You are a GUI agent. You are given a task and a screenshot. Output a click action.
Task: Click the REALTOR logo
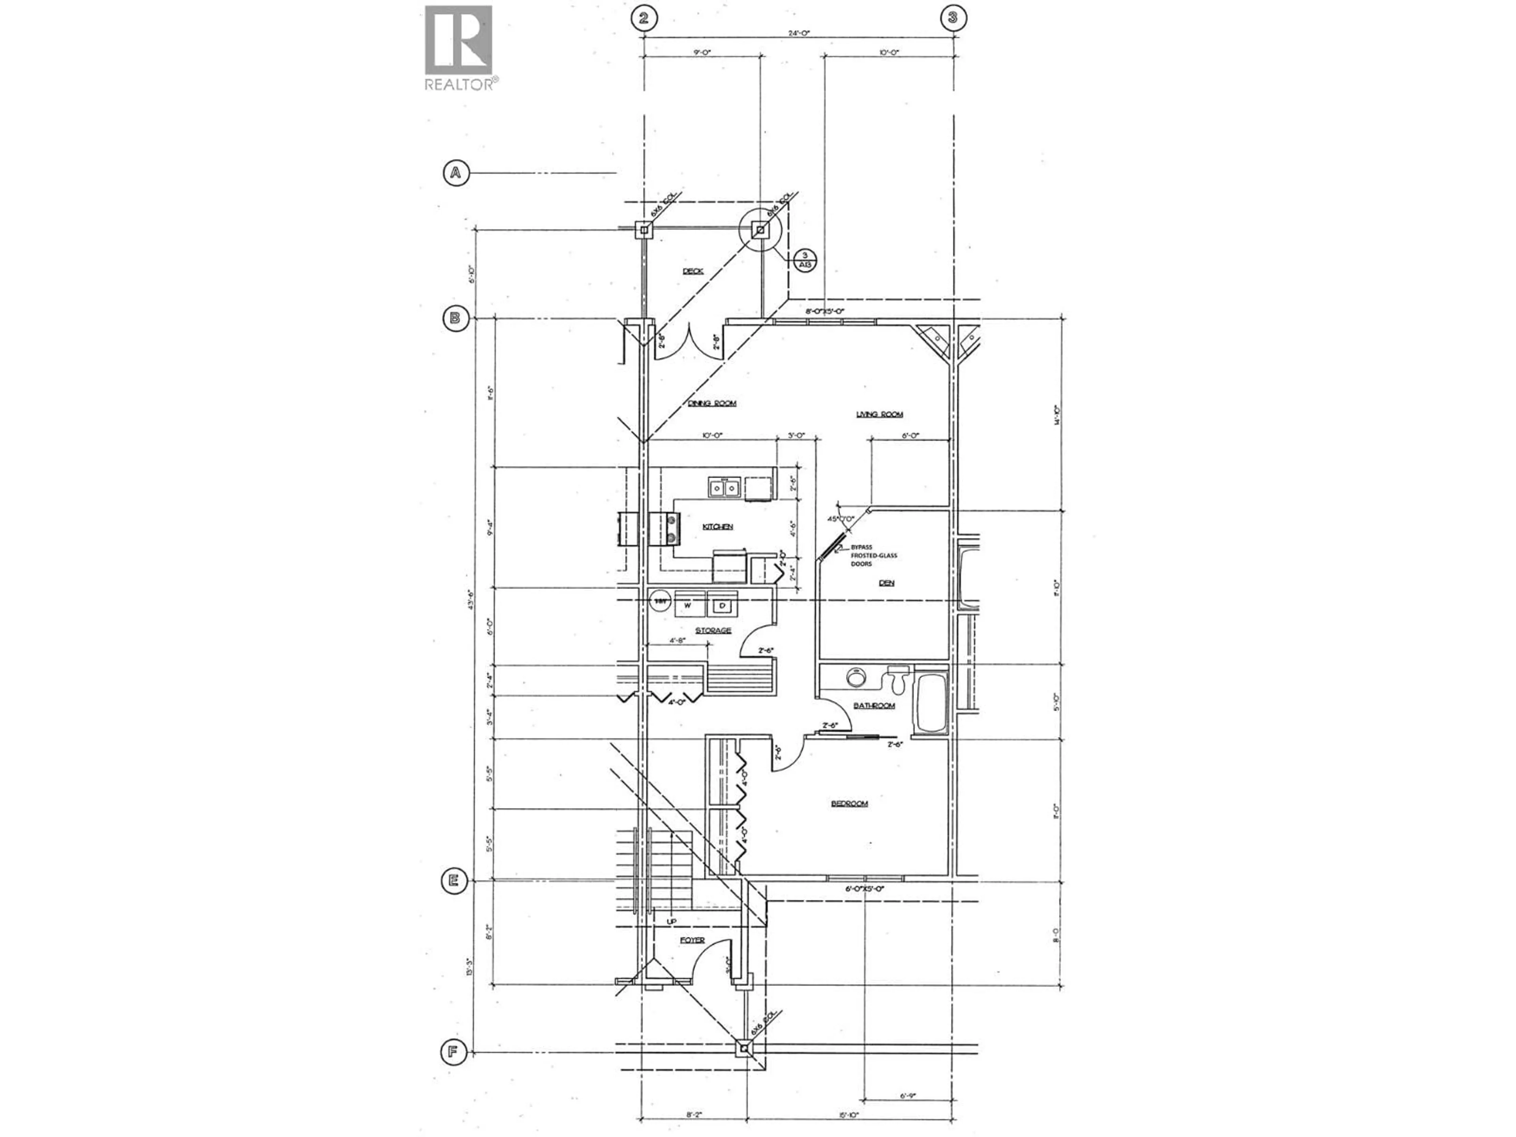coord(458,47)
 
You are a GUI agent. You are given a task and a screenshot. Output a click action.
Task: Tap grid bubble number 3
coord(953,17)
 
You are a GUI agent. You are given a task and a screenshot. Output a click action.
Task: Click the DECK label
coord(693,271)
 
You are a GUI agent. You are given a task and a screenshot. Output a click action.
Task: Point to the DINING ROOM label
coord(712,403)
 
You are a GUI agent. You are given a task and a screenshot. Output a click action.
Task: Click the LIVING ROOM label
coord(879,414)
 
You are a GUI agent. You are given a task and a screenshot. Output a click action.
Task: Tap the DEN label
coord(886,583)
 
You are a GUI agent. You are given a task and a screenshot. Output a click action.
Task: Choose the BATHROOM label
coord(874,705)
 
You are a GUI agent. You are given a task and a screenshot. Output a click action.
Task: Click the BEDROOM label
coord(849,803)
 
